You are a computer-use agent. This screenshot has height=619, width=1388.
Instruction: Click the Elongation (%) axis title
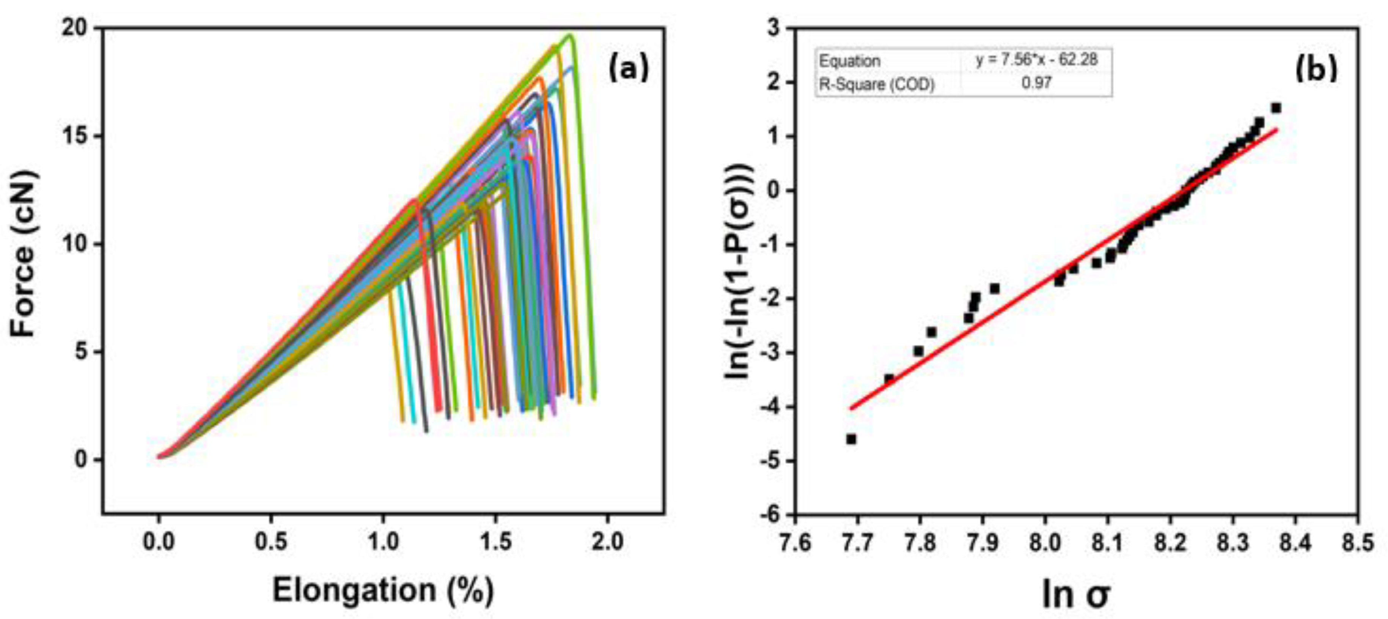tap(382, 589)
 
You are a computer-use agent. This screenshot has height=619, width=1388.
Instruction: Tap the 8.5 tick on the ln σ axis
tap(1357, 542)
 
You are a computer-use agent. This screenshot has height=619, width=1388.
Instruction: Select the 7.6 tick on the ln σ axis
tap(796, 542)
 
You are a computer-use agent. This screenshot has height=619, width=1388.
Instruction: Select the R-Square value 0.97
tap(1036, 83)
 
